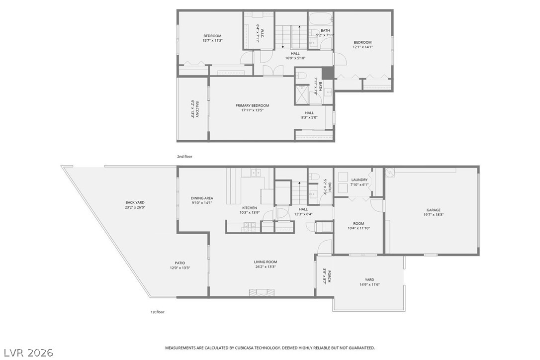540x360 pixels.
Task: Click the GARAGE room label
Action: point(433,210)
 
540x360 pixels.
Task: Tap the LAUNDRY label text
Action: point(359,180)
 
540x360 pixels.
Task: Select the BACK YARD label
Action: point(135,202)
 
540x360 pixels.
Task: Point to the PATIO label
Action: point(180,263)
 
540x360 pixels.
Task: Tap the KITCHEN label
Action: point(249,207)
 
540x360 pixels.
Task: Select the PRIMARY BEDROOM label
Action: point(252,105)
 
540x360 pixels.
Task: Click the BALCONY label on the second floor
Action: point(197,109)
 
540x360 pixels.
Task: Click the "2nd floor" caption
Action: point(184,157)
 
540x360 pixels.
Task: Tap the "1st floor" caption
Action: point(157,312)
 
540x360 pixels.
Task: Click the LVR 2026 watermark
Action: point(27,353)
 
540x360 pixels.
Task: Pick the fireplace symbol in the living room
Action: point(261,292)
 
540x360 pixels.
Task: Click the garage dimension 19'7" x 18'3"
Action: point(433,215)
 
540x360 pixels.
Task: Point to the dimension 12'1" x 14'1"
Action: point(362,47)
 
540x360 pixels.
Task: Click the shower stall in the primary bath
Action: point(302,94)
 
